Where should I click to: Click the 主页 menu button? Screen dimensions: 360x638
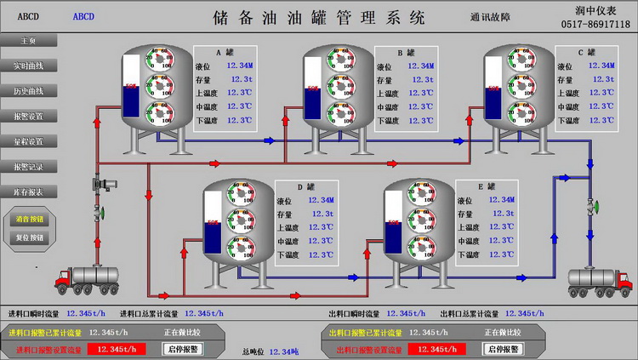(28, 40)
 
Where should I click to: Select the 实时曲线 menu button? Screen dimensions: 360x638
(28, 66)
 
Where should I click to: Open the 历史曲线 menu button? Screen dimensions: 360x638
(28, 90)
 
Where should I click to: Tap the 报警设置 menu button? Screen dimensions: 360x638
(28, 116)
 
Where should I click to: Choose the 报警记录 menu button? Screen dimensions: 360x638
(28, 166)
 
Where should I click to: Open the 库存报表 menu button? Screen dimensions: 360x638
(28, 191)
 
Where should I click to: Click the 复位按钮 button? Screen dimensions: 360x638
(31, 238)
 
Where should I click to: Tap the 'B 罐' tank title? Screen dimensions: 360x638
(406, 52)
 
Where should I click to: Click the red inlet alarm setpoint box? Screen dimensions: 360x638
(117, 349)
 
